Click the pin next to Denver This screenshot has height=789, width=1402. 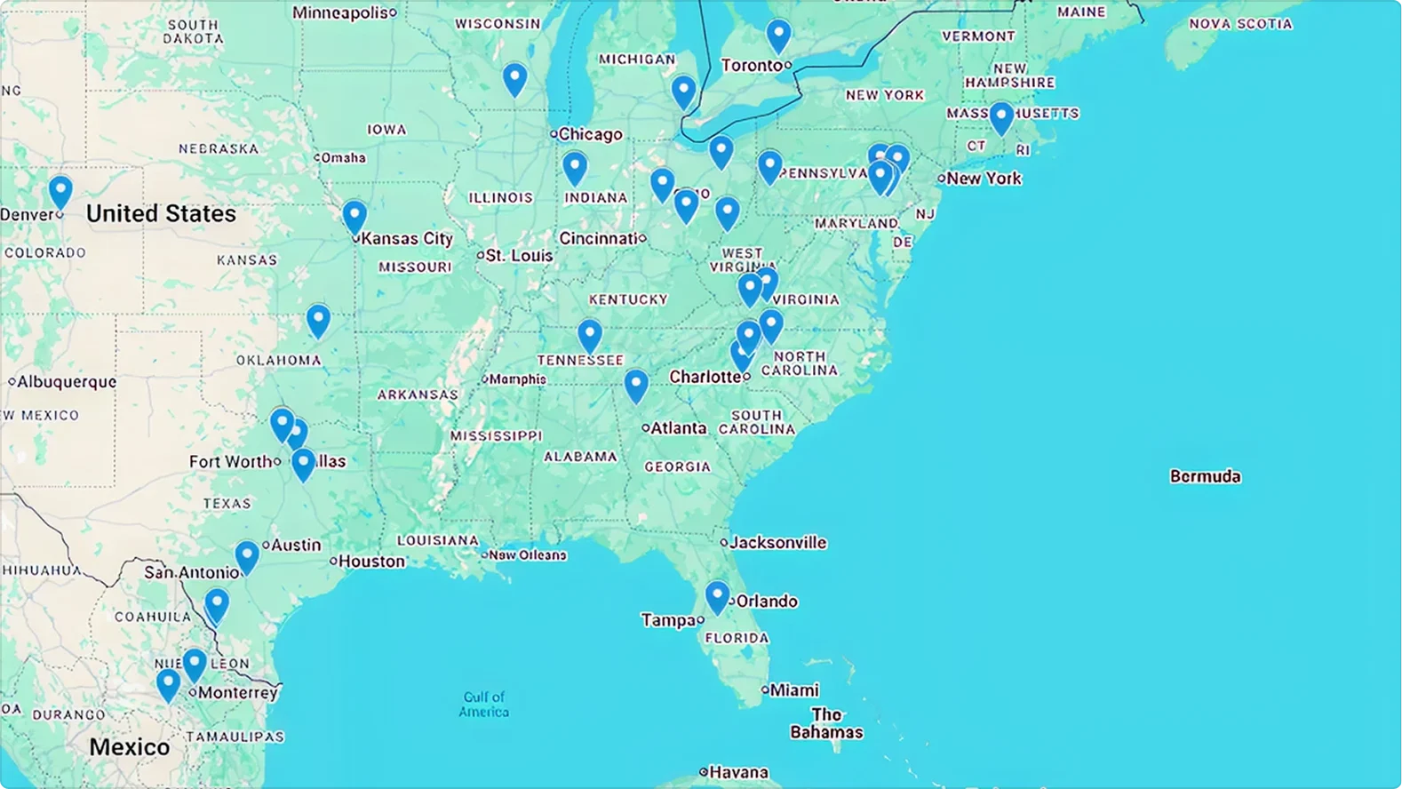[60, 190]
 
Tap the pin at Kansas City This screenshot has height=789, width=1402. [354, 215]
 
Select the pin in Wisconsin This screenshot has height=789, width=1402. [514, 77]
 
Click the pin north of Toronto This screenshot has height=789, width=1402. [778, 35]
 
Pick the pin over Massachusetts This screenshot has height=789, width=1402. [1001, 116]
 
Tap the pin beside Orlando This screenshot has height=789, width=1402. [717, 595]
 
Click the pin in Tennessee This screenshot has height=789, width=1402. [589, 335]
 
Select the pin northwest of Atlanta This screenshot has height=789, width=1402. [635, 385]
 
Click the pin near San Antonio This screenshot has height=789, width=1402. [246, 556]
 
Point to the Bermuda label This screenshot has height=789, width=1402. [1205, 476]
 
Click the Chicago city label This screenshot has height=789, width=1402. [590, 134]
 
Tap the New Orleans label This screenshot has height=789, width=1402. [527, 555]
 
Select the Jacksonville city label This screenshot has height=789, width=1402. [777, 542]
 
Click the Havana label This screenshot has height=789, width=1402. [738, 772]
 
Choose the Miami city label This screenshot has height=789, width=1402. [794, 689]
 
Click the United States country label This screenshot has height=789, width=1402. [161, 213]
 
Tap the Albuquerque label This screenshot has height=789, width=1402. [67, 381]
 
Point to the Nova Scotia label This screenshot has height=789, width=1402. [1240, 24]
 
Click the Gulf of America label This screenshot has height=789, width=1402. [484, 704]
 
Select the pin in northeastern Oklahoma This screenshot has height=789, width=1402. [318, 319]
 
